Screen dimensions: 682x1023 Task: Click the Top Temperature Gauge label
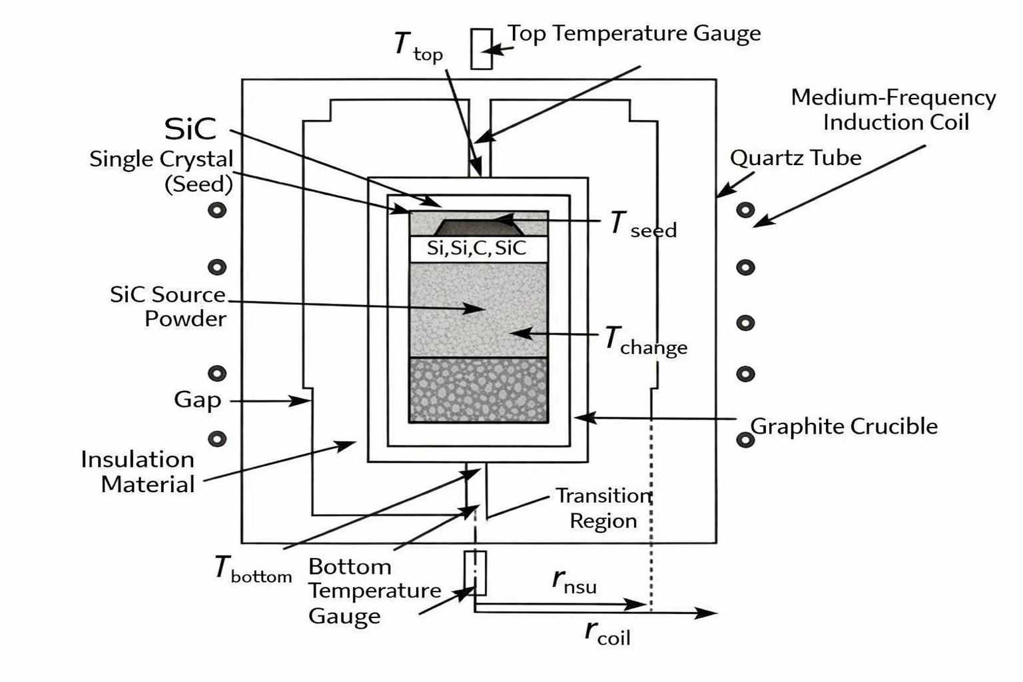[633, 33]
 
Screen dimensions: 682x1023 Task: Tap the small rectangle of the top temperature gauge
[482, 49]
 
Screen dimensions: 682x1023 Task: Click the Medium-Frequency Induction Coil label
[893, 109]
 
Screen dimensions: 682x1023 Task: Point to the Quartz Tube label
[795, 158]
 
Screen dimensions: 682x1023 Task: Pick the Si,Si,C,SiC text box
[478, 248]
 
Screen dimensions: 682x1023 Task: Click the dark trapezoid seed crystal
[478, 227]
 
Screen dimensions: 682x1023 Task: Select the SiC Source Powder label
[168, 306]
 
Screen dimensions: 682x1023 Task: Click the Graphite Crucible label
[844, 426]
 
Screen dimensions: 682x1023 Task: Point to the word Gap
[197, 400]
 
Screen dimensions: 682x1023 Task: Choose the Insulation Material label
[138, 472]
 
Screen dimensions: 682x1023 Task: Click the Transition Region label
[603, 508]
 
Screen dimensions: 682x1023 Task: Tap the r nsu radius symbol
[573, 581]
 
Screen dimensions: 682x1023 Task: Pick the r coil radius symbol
[607, 632]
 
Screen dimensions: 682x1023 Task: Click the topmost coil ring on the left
[217, 210]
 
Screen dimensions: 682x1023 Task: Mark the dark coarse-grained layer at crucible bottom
[478, 390]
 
